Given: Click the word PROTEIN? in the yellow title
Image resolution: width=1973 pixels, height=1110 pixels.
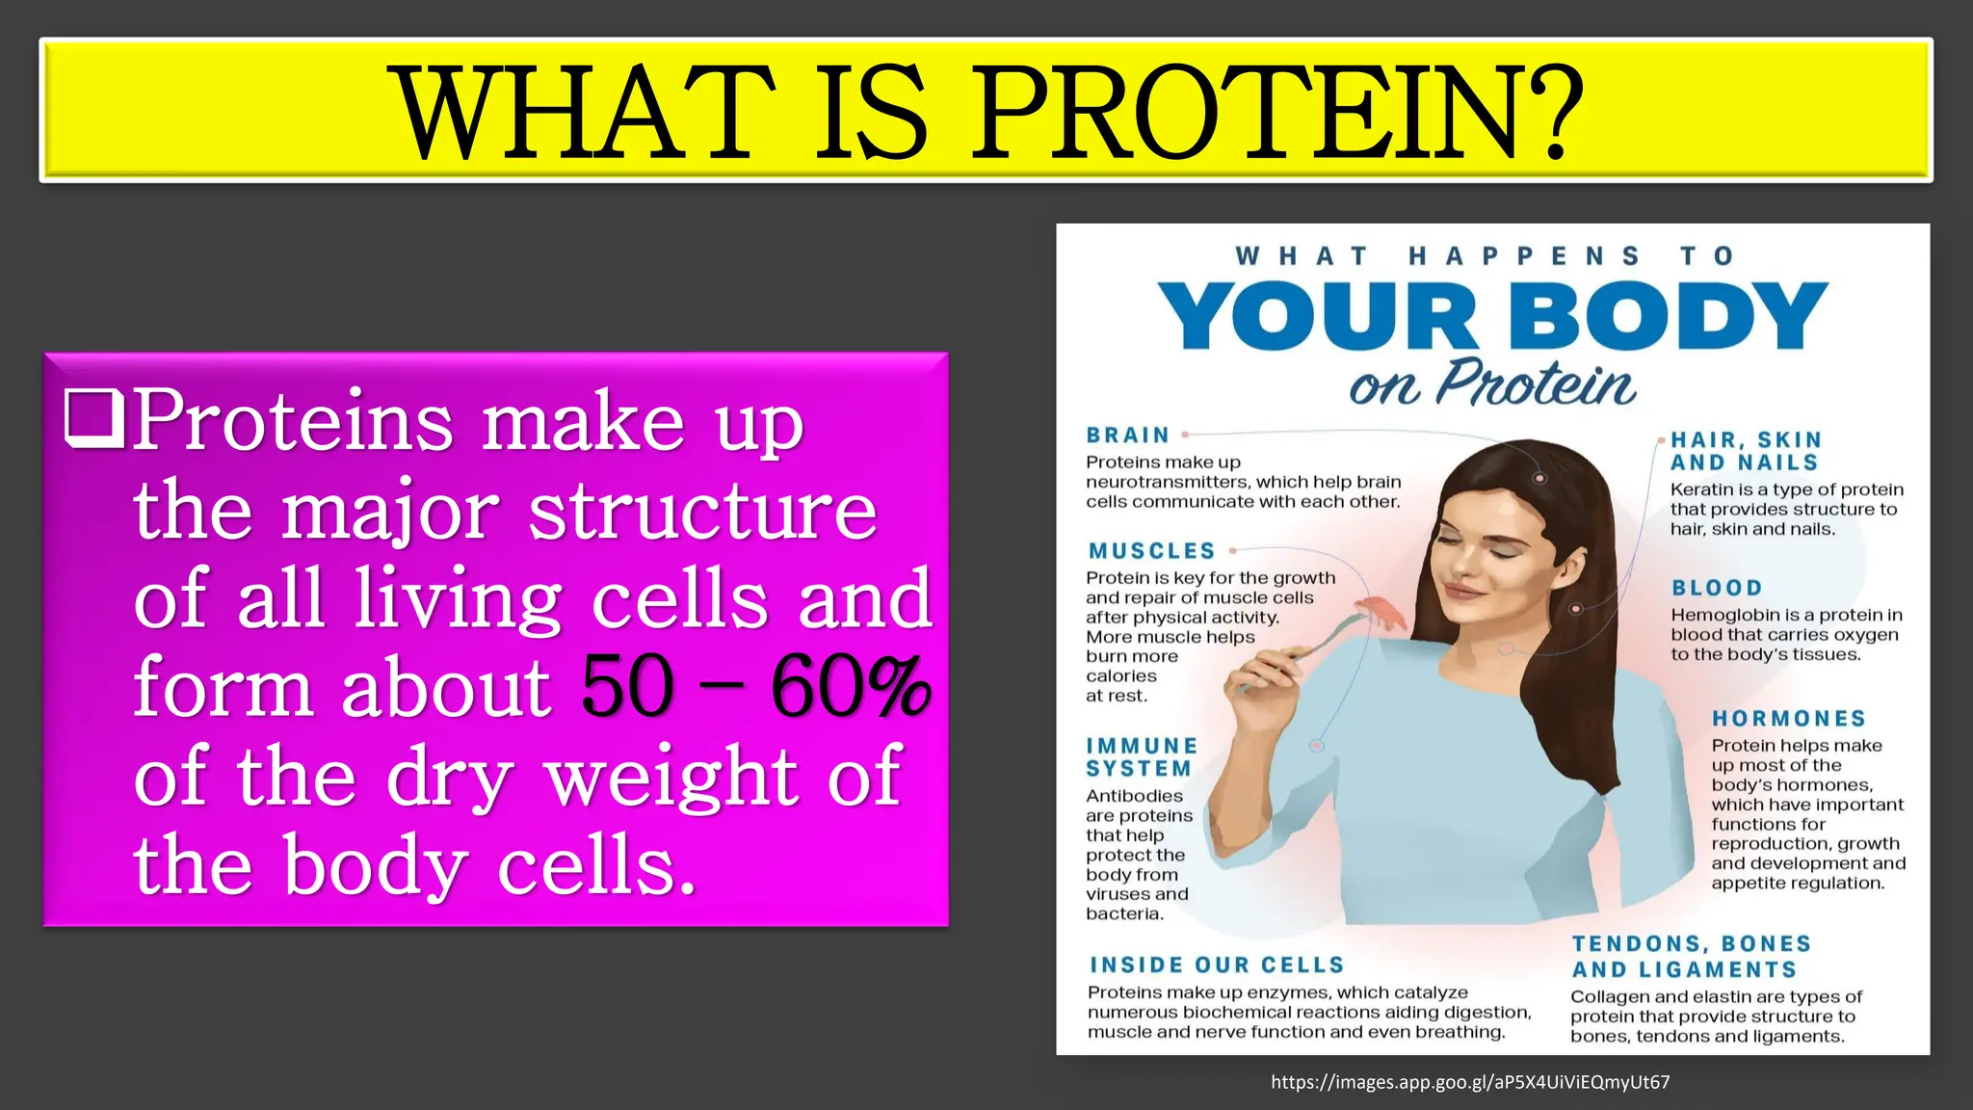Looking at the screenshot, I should (x=1276, y=113).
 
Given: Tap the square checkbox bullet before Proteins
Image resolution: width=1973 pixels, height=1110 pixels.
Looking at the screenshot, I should (x=93, y=419).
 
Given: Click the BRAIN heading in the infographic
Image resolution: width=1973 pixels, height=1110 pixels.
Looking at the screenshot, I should (x=1127, y=436).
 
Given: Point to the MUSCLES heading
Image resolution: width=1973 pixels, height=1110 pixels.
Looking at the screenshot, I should (x=1151, y=551).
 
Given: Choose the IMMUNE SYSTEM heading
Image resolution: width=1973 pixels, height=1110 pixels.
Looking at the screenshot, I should (x=1142, y=757).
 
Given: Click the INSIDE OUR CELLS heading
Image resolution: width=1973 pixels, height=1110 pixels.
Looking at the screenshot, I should (x=1217, y=965).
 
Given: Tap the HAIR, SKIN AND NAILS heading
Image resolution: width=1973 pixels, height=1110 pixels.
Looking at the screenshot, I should (x=1745, y=451).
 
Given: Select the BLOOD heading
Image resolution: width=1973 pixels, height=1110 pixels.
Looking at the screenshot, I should (x=1717, y=588).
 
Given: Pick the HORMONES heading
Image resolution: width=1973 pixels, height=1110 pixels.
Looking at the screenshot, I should (x=1789, y=719).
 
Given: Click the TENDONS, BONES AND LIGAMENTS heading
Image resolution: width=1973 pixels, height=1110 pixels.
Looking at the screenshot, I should (x=1691, y=957).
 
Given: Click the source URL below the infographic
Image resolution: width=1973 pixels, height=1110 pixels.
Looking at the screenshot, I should (x=1470, y=1082).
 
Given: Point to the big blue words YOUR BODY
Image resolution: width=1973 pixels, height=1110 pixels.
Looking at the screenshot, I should (x=1492, y=316).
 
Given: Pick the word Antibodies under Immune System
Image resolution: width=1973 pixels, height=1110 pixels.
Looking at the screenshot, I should (x=1134, y=796).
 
